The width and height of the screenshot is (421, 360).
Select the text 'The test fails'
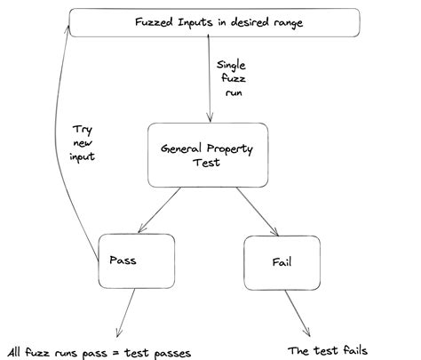coord(328,349)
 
